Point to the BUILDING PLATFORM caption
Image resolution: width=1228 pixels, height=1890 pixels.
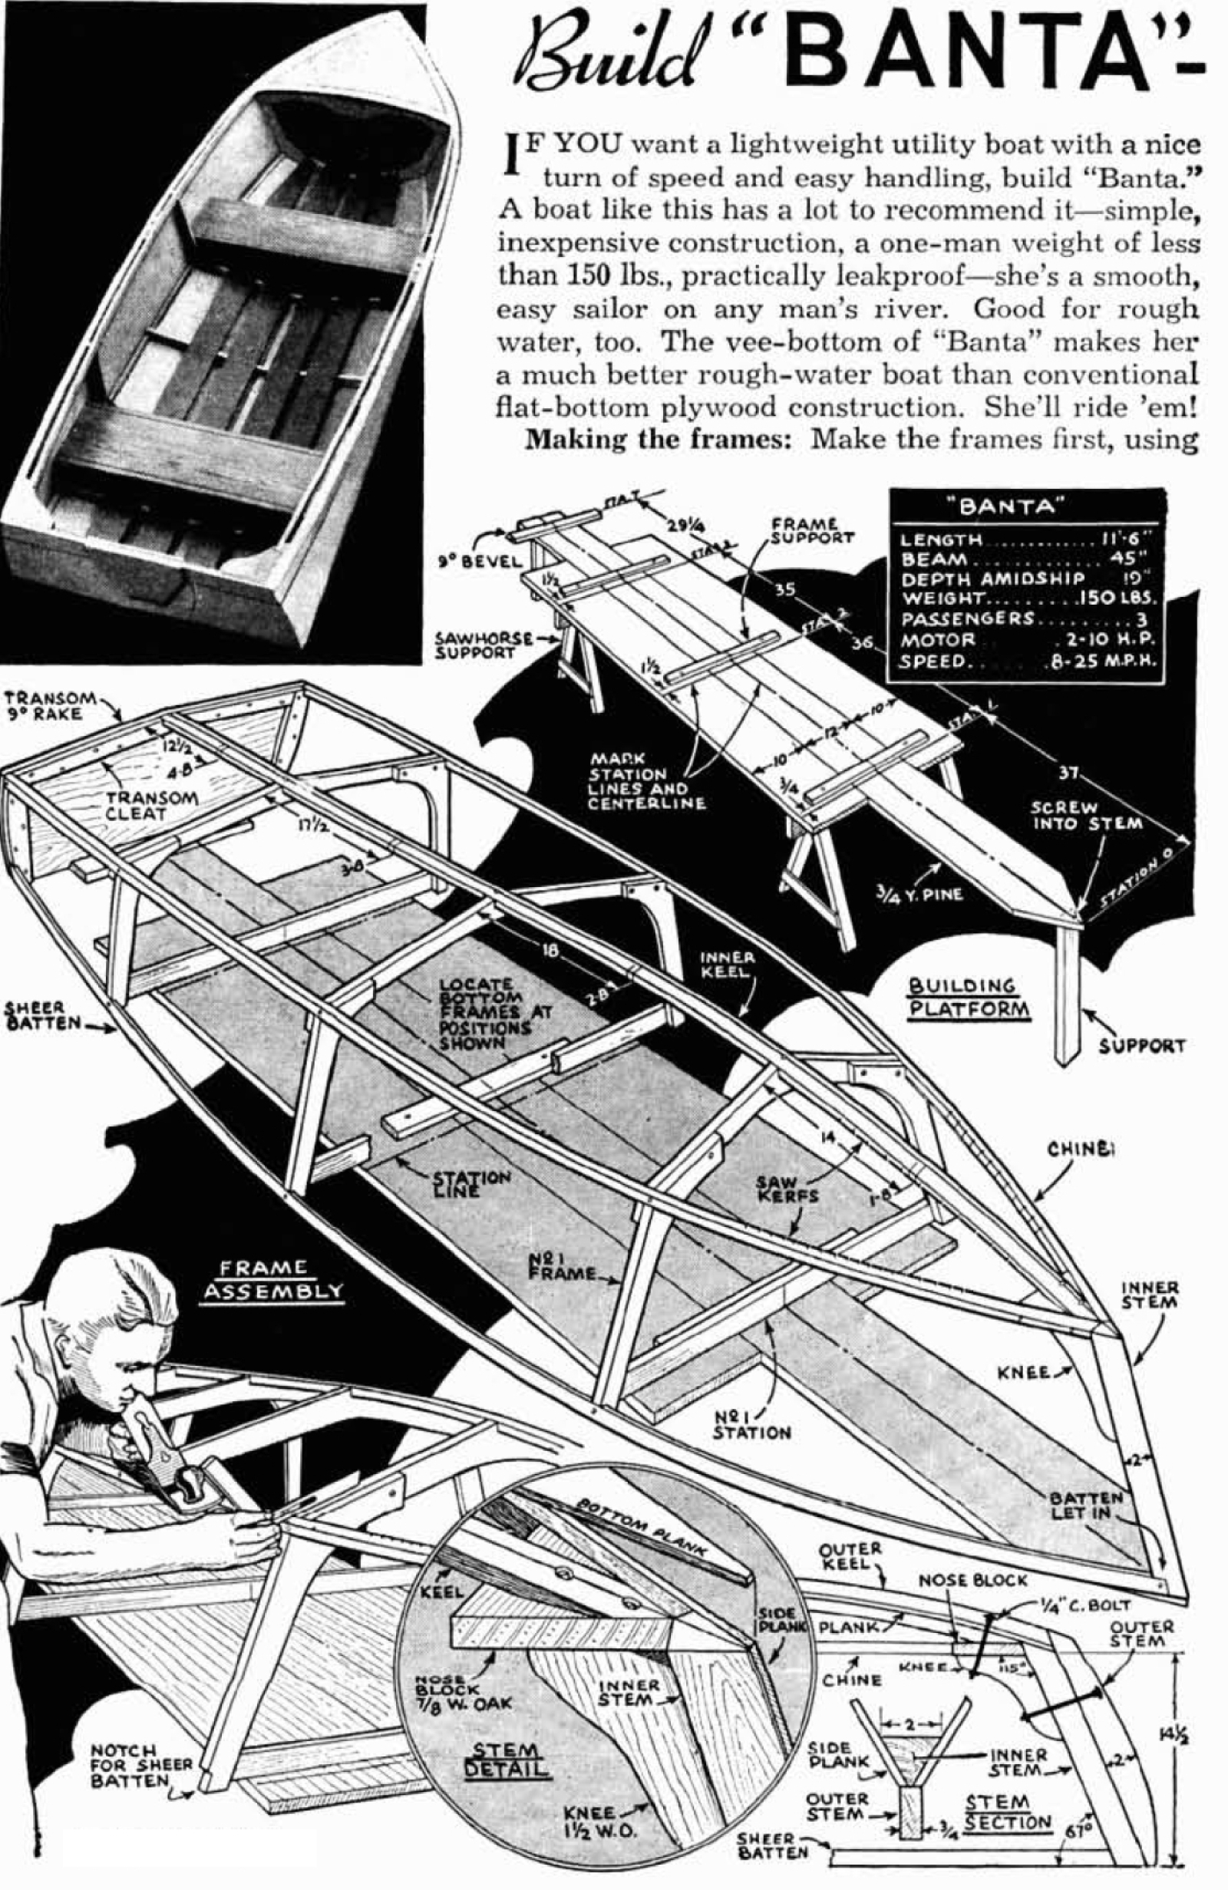click(x=969, y=998)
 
